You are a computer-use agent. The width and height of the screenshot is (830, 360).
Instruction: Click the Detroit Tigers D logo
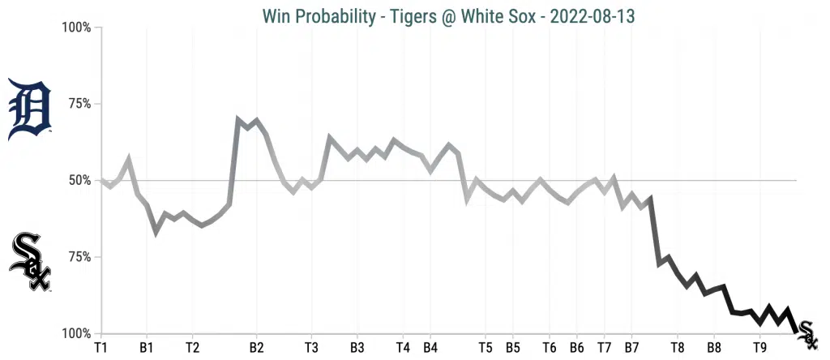(29, 110)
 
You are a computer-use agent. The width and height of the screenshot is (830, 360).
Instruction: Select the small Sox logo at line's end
(806, 329)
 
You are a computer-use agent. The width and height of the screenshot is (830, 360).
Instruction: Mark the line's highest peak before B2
(238, 119)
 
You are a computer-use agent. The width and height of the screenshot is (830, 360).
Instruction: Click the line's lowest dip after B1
(156, 233)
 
